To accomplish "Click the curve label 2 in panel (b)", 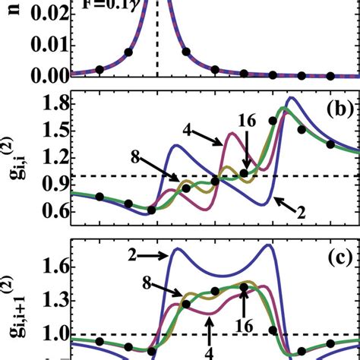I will pos(302,216).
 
